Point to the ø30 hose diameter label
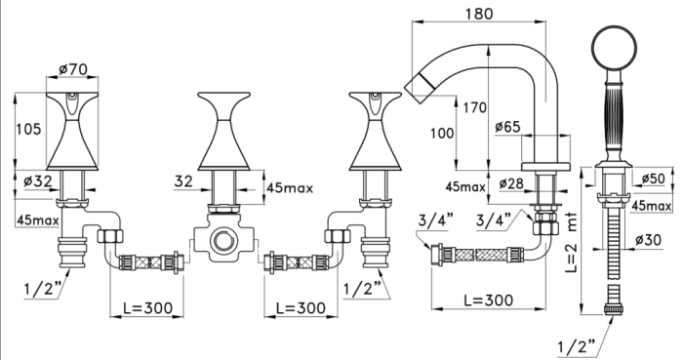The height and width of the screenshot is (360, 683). point(653,239)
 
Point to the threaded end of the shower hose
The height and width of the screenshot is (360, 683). point(613,304)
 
